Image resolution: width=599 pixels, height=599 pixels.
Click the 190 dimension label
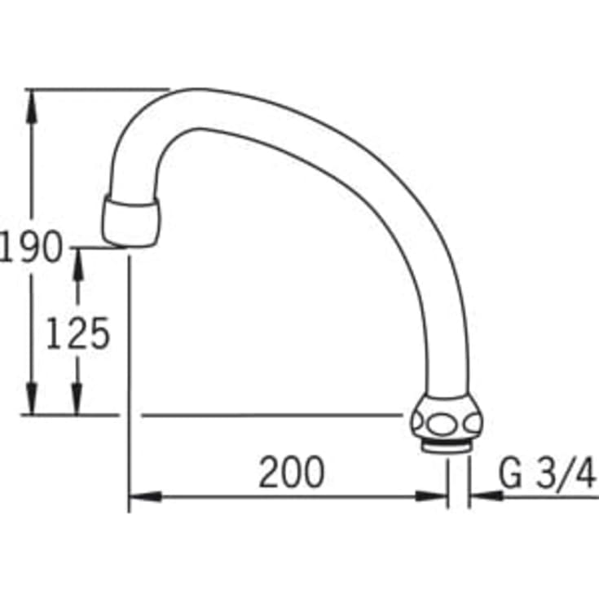[x=31, y=247]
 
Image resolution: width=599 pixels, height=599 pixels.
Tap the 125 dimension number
[x=78, y=333]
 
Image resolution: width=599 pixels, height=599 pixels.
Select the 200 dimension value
[x=292, y=471]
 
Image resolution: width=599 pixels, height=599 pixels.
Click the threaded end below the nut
[x=447, y=447]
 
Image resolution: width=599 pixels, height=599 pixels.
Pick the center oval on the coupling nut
[x=442, y=423]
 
